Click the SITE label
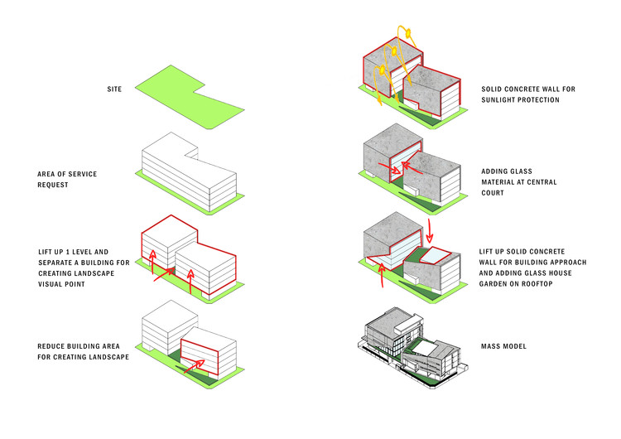tap(114, 89)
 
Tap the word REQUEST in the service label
tap(53, 185)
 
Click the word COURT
tap(493, 193)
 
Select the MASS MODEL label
tap(503, 346)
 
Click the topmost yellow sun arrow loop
tap(407, 34)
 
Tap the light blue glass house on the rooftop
tap(436, 255)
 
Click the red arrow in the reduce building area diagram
tap(194, 366)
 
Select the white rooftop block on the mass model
tap(408, 326)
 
